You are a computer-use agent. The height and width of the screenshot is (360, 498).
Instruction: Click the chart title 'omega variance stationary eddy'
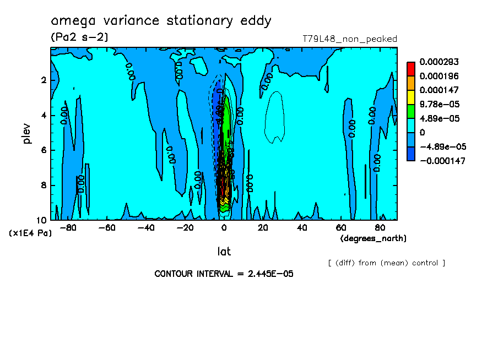coord(161,21)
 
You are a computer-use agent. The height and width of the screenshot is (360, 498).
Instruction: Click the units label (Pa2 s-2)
coord(79,37)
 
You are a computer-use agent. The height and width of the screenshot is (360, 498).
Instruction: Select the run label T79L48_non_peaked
coord(349,39)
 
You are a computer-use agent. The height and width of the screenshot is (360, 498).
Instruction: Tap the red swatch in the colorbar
coord(411,69)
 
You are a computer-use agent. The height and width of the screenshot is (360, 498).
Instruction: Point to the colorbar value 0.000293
coord(439,62)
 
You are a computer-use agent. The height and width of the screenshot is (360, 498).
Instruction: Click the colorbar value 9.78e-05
coord(439,104)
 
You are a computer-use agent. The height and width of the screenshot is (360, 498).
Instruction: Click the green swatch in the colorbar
coord(411,111)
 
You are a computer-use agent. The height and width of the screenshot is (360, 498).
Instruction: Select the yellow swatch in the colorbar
coord(411,97)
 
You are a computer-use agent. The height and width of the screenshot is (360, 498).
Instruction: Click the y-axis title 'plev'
coord(27,133)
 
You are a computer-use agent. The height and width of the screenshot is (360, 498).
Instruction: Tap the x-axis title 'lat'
coord(224,252)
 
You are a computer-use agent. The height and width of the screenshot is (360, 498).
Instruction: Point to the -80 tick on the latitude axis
coord(68,227)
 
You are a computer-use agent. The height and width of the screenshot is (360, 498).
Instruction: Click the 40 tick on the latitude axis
coord(302,227)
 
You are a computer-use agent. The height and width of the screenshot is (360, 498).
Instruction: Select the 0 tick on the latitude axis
coord(224,227)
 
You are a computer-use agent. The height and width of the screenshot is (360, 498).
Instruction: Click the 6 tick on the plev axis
coord(44,150)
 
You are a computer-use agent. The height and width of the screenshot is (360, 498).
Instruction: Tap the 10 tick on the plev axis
coord(42,220)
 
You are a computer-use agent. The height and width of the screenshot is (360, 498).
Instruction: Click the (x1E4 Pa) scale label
coord(31,233)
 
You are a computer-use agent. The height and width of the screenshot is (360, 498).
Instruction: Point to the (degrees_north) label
coord(373,238)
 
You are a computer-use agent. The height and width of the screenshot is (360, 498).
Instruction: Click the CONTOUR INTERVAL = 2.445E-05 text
coord(224,274)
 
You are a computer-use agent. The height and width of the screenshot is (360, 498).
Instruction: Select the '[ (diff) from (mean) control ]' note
coord(386,263)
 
